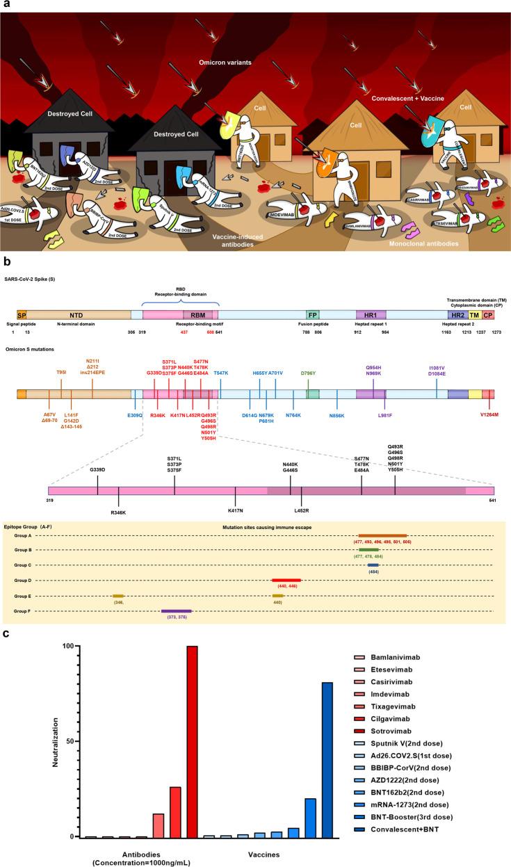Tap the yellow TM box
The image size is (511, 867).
(475, 314)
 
